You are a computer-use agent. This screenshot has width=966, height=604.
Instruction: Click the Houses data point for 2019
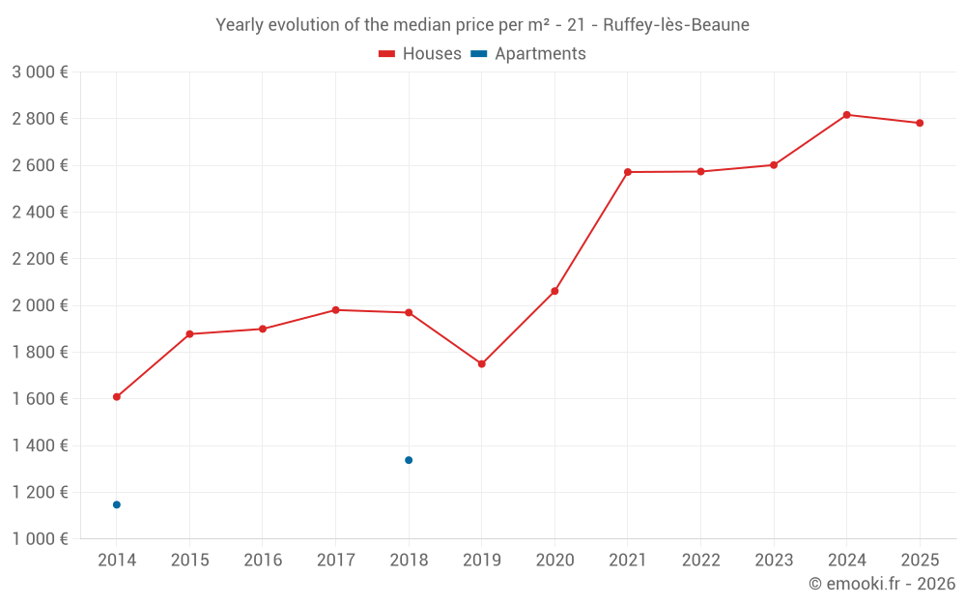click(x=481, y=364)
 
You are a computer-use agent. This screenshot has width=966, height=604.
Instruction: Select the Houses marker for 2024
click(x=846, y=115)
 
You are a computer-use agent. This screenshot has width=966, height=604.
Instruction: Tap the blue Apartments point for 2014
click(x=117, y=504)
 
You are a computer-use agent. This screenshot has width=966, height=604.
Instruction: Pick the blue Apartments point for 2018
click(x=409, y=460)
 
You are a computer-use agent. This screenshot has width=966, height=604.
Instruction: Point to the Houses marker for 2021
click(x=628, y=172)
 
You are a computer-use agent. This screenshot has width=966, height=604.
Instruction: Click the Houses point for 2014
click(x=117, y=397)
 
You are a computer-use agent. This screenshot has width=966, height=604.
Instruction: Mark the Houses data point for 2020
click(x=554, y=291)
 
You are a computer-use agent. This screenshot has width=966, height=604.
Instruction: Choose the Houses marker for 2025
click(x=920, y=123)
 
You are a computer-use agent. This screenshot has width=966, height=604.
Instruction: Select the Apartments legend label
click(x=540, y=54)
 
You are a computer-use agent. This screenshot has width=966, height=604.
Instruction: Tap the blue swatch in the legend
click(x=478, y=54)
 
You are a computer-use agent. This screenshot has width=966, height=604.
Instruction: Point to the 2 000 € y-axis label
click(x=40, y=305)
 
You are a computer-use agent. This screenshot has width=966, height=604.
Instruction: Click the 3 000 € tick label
click(x=40, y=72)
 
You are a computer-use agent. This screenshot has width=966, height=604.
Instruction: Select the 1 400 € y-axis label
click(x=40, y=446)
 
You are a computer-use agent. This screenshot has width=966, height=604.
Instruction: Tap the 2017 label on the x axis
click(x=335, y=561)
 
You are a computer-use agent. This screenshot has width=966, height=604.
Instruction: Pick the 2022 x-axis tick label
click(x=700, y=561)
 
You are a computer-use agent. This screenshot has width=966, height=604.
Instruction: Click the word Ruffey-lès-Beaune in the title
click(x=676, y=25)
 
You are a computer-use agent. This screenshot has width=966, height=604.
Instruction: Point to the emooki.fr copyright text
click(x=881, y=584)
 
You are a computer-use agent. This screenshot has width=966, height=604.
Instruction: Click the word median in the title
click(x=412, y=25)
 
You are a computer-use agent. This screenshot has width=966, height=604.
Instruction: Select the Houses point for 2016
click(x=263, y=329)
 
